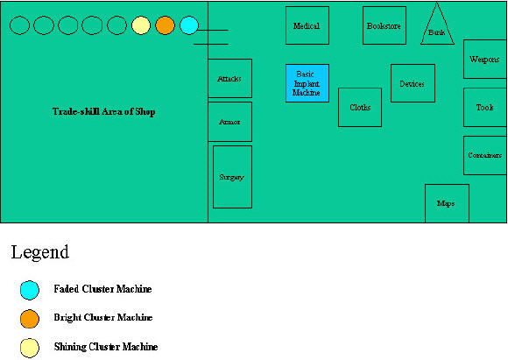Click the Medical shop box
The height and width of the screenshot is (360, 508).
tap(307, 25)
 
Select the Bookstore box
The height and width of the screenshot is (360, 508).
tap(385, 25)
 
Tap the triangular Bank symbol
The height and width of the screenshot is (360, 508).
tap(437, 27)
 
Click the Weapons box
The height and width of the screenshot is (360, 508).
tap(485, 59)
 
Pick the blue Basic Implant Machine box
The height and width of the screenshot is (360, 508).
tap(307, 83)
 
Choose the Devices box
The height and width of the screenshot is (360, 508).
tap(413, 83)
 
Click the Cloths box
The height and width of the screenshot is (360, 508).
tap(360, 107)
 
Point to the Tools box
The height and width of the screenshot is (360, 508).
tap(485, 107)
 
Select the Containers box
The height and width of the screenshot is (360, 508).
tap(485, 156)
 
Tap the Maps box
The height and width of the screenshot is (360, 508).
tap(447, 203)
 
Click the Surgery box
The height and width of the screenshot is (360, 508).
tap(232, 177)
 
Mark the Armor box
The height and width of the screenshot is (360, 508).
tap(229, 122)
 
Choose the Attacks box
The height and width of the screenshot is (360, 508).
tap(229, 79)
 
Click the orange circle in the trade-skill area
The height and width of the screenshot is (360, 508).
tap(165, 25)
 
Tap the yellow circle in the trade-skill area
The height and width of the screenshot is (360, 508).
tap(141, 25)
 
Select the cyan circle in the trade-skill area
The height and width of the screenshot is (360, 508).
tap(189, 25)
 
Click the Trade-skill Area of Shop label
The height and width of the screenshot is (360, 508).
tap(104, 112)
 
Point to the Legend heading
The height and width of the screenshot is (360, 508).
tap(39, 252)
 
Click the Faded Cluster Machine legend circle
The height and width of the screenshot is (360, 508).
tap(30, 290)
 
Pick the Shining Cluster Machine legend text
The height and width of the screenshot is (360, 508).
tap(106, 347)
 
